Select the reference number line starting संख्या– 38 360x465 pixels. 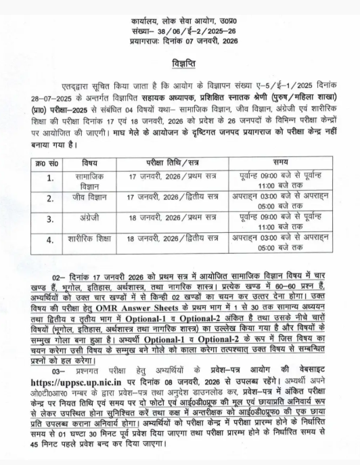[180, 31]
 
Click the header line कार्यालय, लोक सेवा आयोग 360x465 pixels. [180, 22]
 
